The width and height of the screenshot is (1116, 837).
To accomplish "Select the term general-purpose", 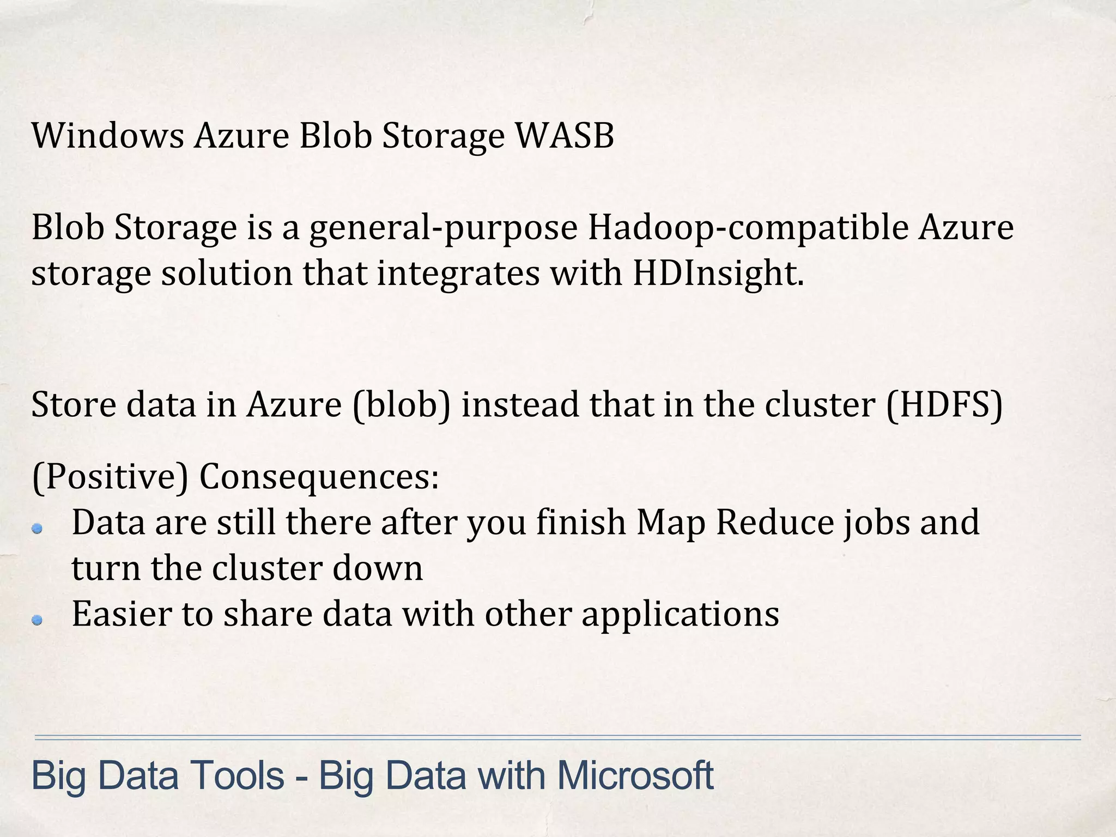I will tap(443, 228).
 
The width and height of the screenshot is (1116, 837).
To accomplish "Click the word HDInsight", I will tap(718, 273).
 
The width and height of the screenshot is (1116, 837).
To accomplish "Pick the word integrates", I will tap(458, 273).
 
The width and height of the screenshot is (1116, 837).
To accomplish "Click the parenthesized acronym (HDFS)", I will tap(944, 405).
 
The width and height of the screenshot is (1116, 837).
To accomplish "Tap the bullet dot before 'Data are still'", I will tap(37, 528).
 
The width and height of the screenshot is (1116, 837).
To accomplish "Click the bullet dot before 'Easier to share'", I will tap(37, 620).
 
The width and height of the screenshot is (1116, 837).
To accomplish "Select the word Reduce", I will tap(774, 522).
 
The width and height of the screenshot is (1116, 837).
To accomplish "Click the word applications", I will tap(680, 615).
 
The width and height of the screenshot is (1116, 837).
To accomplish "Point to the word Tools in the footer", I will tap(236, 775).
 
